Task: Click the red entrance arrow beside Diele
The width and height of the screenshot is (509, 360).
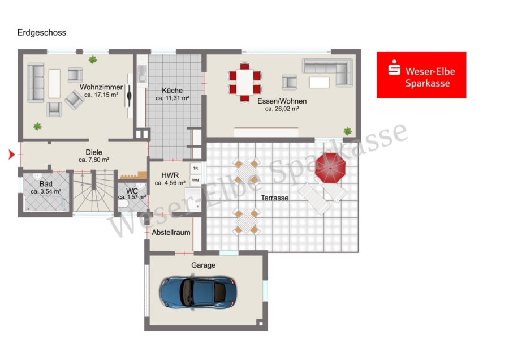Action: coord(12,155)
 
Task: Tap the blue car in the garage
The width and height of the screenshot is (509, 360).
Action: coord(198,293)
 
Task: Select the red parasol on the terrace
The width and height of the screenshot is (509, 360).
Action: coord(330,168)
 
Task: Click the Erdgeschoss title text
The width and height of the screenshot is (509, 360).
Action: coord(41,32)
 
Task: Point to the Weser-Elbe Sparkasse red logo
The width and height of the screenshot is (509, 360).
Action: coord(421,75)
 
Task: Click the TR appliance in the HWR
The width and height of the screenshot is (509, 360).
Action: coord(196,168)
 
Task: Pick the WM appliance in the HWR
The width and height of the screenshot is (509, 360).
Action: coord(196,181)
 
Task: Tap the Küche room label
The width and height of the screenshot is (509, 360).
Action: coord(172,91)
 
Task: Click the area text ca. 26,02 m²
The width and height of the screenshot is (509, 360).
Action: coord(282,109)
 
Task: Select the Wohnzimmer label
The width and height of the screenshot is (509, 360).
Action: coord(101,87)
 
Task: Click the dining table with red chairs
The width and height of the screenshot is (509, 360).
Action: coord(245,83)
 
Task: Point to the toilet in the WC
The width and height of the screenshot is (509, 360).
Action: coord(123,203)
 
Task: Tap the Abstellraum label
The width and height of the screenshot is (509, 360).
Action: coord(171,232)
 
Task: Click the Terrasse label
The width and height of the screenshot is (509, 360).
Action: coord(275,198)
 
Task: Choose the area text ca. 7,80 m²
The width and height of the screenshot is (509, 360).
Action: coord(94,160)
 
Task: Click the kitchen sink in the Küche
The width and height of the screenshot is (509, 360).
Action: coord(142,74)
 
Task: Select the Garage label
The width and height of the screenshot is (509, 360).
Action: coord(203,265)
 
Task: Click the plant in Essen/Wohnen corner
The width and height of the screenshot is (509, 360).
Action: coord(348,131)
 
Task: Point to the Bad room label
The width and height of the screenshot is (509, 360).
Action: coord(46,184)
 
